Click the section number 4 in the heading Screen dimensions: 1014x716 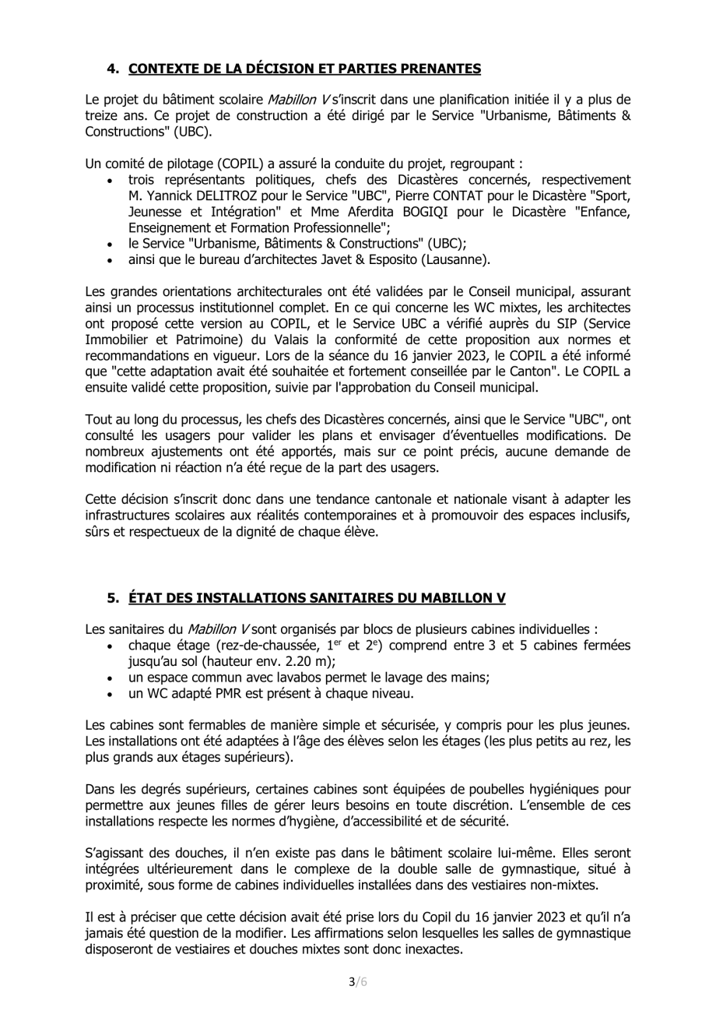click(112, 68)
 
